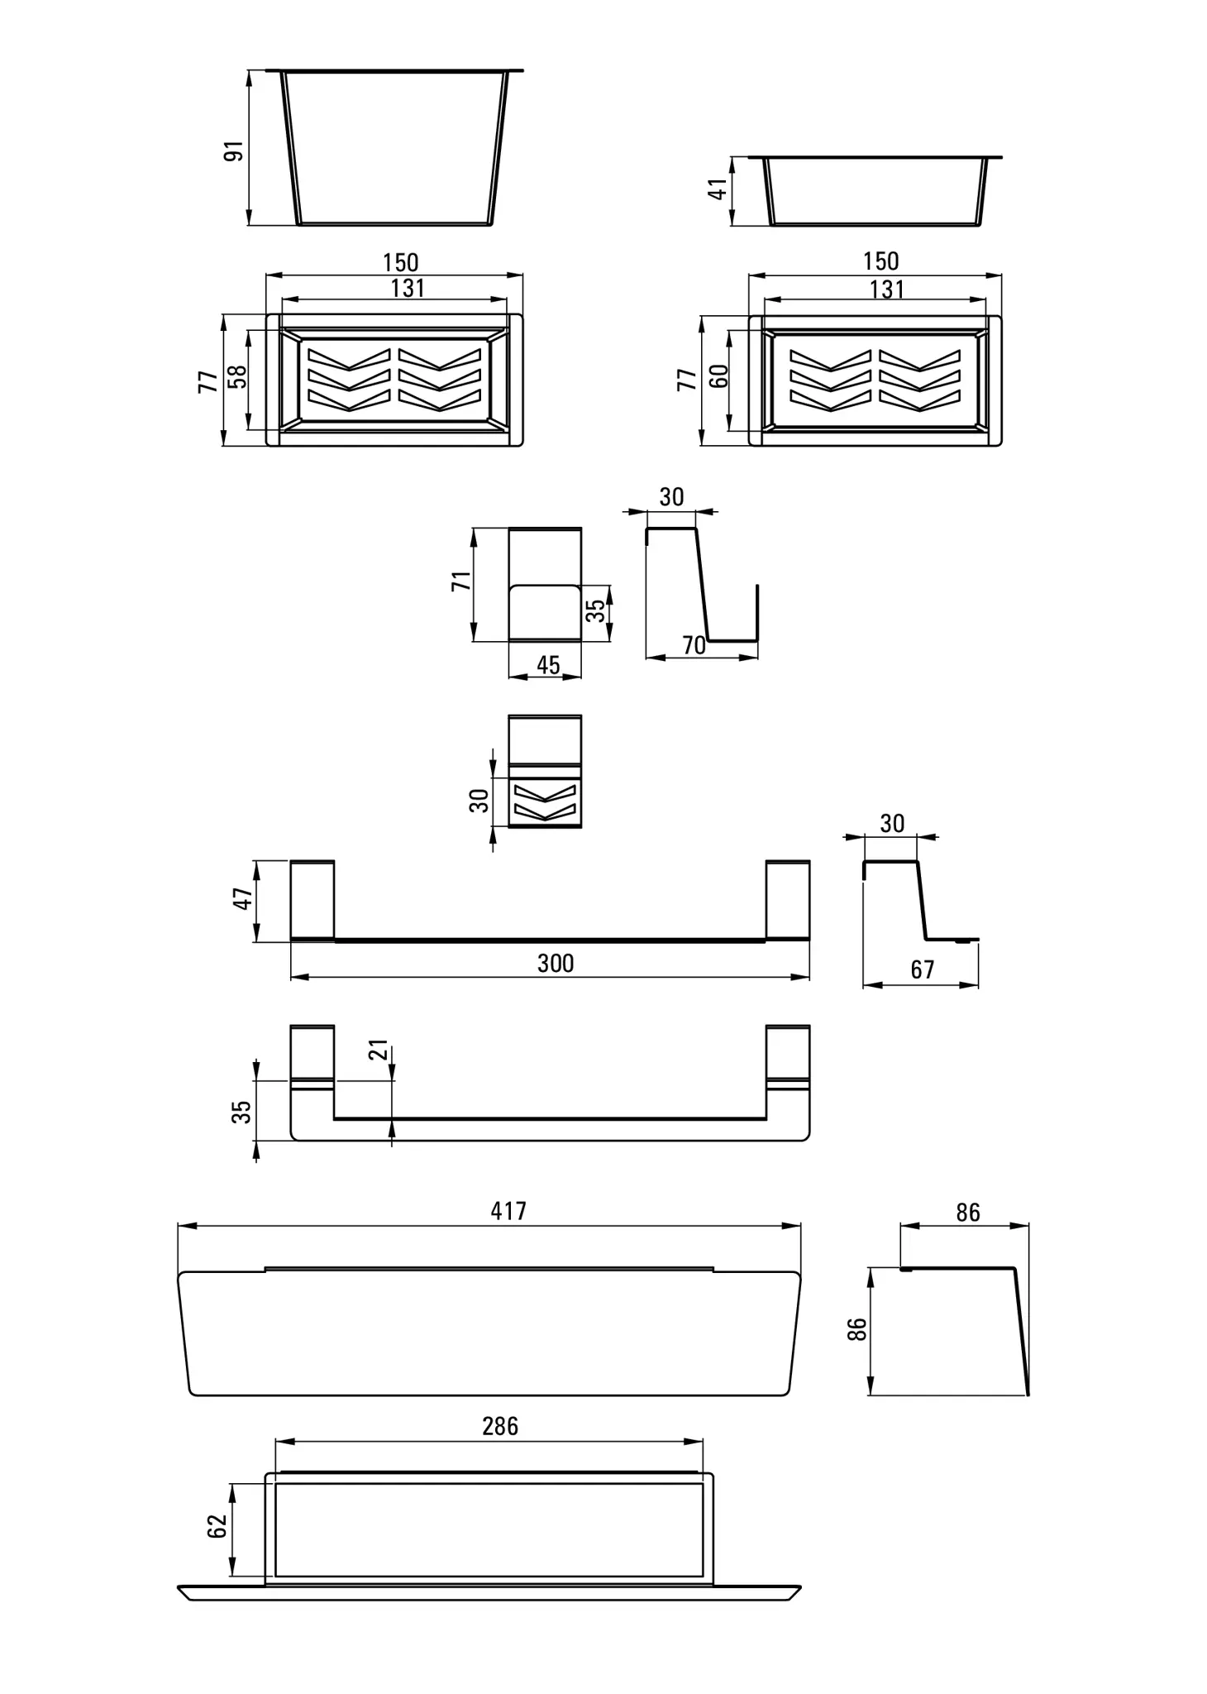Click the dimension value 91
(235, 151)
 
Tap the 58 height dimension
(237, 377)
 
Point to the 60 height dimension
(719, 376)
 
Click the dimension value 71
(461, 580)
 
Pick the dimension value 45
(548, 665)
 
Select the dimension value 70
(694, 645)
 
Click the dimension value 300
(556, 963)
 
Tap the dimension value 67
(922, 969)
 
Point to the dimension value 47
(241, 899)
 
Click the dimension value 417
(508, 1211)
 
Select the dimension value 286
(500, 1426)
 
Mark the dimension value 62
(217, 1526)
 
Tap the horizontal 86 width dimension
(967, 1213)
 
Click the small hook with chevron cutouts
(545, 771)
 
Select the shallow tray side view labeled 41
(875, 191)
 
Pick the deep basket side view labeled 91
(394, 148)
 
